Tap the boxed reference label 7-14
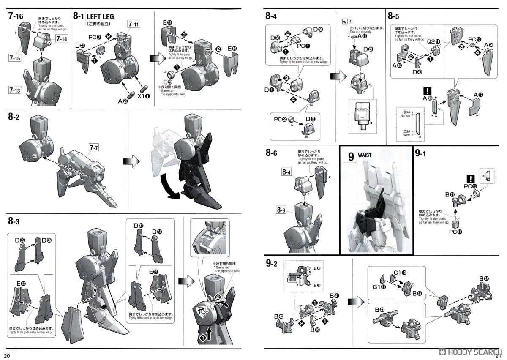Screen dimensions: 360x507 (62, 39)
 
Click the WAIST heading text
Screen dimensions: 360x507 (364, 155)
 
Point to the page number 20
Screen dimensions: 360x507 (7, 355)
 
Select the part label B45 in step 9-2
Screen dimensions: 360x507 (484, 278)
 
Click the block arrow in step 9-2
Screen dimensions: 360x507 (354, 302)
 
